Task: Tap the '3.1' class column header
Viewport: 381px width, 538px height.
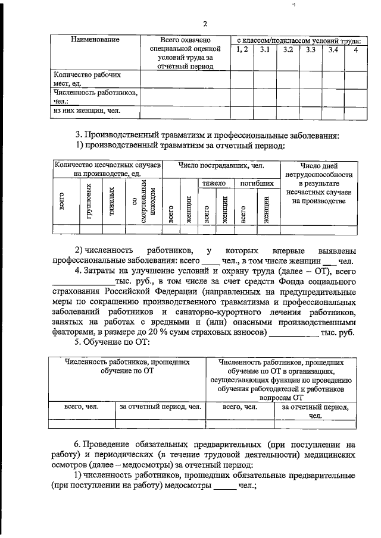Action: coord(264,50)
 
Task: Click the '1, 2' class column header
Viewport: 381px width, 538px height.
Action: coord(242,50)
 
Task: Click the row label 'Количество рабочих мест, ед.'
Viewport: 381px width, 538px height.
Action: coord(87,80)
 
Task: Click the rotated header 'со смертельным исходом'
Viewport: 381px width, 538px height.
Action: coord(145,202)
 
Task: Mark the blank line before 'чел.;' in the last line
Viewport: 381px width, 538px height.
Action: coord(224,486)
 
